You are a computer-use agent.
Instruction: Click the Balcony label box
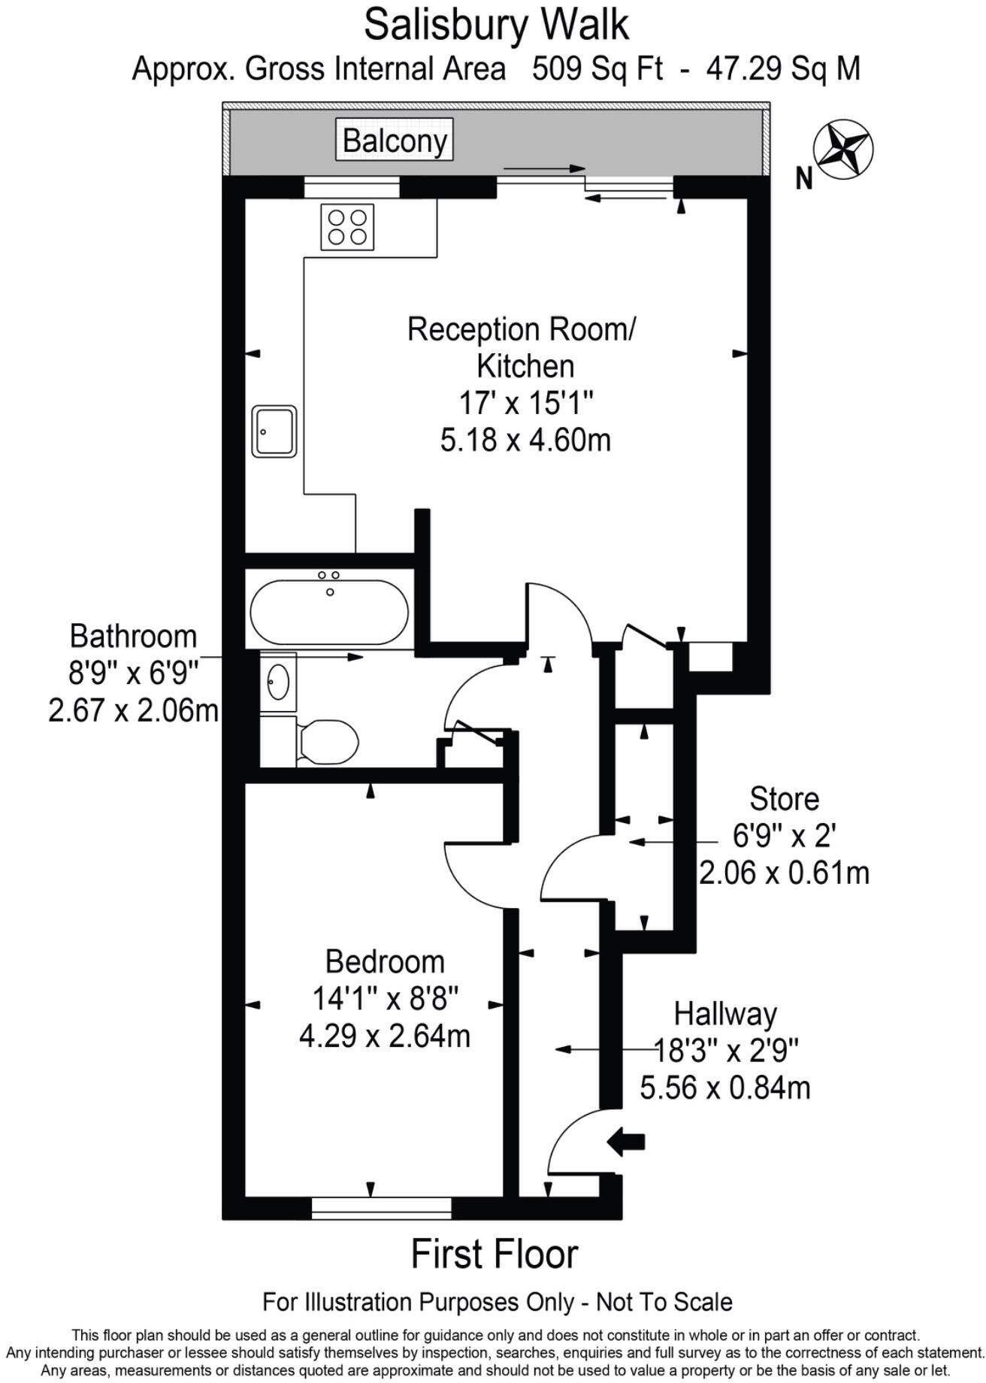(395, 141)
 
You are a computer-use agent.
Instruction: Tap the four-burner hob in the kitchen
(347, 227)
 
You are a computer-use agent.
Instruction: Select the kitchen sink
(274, 431)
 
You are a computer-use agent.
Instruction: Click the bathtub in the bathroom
(329, 613)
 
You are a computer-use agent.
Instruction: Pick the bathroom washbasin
(279, 682)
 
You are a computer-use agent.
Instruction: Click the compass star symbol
(843, 150)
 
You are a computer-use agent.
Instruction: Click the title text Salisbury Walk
(496, 25)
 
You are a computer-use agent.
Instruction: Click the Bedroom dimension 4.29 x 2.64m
(385, 1036)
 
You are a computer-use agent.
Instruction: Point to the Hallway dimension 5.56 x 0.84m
(725, 1087)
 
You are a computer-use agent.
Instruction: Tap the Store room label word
(784, 799)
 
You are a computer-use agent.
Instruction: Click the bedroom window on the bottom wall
(381, 1207)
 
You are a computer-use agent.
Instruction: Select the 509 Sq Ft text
(597, 69)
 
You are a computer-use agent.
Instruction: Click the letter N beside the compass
(804, 179)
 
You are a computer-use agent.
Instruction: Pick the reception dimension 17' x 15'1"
(526, 403)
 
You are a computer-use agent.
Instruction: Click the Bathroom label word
(133, 637)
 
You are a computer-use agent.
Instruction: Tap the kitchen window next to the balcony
(352, 187)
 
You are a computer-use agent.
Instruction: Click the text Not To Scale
(664, 1302)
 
